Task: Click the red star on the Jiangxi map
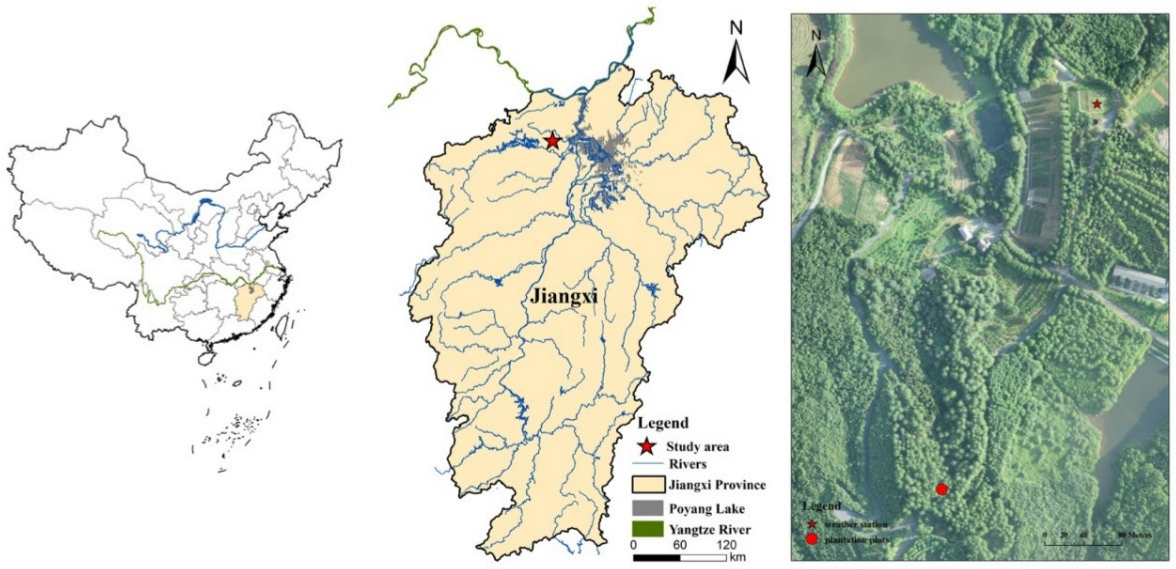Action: (552, 141)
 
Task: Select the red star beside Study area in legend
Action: (646, 447)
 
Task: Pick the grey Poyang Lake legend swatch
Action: (647, 508)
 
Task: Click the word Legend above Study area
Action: (663, 423)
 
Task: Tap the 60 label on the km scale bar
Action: (680, 545)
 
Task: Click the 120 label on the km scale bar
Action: (726, 545)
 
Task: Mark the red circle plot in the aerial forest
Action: (942, 489)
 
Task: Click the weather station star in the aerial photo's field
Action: (1097, 104)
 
